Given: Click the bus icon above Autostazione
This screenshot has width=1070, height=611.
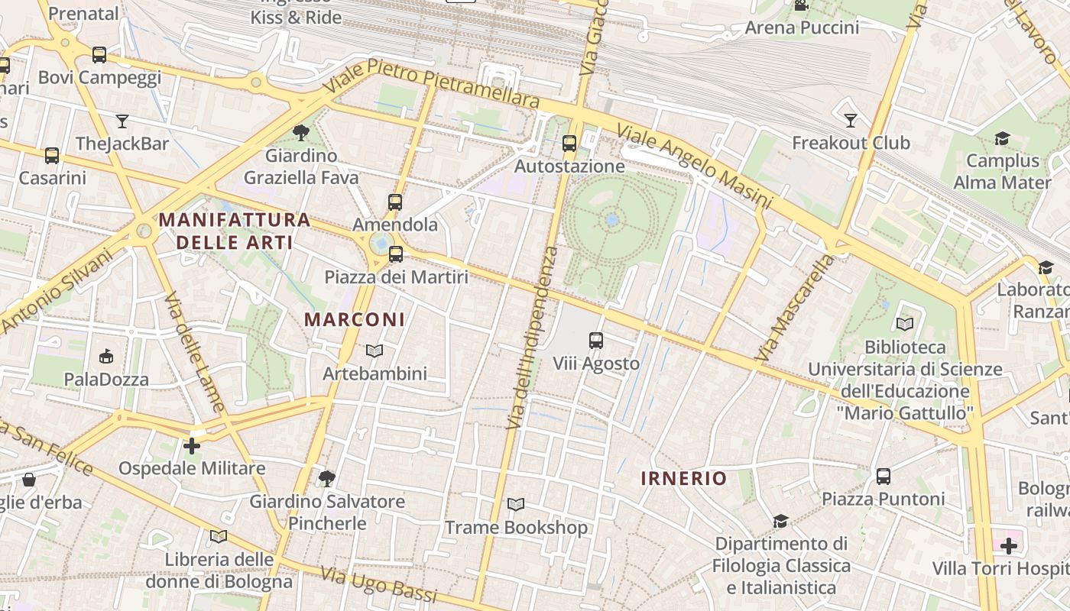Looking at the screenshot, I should tap(569, 143).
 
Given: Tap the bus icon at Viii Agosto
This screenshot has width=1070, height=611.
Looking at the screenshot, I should tap(595, 341).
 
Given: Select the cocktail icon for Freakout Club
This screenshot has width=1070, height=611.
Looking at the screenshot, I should tap(850, 120).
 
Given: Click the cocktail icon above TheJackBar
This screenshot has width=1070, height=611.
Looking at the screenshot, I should tap(122, 121).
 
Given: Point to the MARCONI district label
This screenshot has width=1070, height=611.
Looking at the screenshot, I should tap(355, 319).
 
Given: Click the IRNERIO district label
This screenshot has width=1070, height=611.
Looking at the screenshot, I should tap(683, 478).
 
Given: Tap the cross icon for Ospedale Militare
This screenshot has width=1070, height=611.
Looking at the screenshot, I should tap(192, 445).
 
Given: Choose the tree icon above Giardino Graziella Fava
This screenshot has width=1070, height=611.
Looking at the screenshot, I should tap(301, 133).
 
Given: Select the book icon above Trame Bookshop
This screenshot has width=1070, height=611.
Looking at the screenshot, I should tap(516, 505).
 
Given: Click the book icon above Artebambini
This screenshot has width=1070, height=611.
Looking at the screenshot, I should tap(374, 351).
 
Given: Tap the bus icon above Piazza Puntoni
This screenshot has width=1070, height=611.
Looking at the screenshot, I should tap(883, 476).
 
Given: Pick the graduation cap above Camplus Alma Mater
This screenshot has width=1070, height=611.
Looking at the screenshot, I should tap(1002, 138).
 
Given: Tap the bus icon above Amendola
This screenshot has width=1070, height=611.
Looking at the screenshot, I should tap(394, 202).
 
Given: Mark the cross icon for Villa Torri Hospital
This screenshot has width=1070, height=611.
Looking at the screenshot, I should tap(1009, 546).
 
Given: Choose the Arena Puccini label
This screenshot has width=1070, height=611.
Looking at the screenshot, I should tap(802, 27).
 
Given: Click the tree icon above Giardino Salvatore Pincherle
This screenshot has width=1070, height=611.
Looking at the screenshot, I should tap(327, 479).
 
